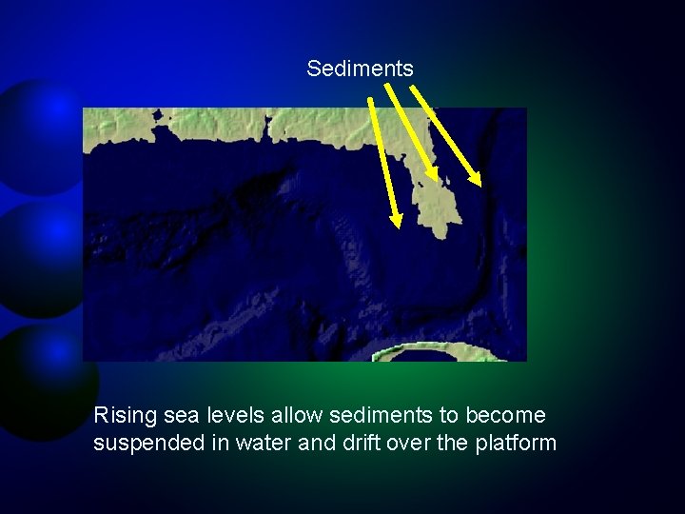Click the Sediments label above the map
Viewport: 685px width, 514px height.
coord(360,69)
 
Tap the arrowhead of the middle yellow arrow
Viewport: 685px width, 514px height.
coord(434,176)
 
